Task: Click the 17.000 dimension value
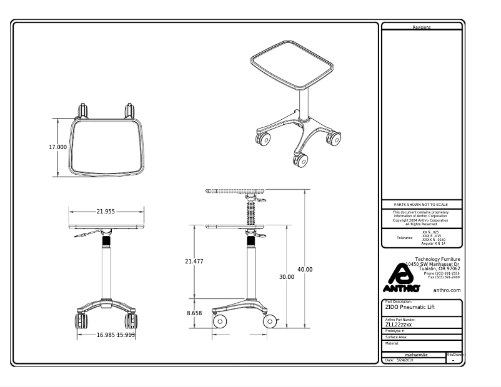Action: click(57, 147)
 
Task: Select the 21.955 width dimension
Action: click(106, 212)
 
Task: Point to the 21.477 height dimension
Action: click(194, 262)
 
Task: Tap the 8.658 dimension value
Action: click(194, 313)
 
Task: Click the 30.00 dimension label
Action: click(286, 277)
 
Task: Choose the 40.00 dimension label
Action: click(305, 270)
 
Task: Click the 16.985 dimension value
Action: click(106, 335)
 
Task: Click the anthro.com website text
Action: click(447, 290)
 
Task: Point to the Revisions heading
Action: click(422, 27)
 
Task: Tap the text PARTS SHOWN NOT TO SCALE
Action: click(422, 205)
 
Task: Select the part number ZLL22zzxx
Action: click(399, 325)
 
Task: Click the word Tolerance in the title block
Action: click(405, 238)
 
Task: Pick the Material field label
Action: click(392, 343)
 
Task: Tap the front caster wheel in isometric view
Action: click(300, 160)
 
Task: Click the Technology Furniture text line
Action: click(437, 259)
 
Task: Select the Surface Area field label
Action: click(396, 337)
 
